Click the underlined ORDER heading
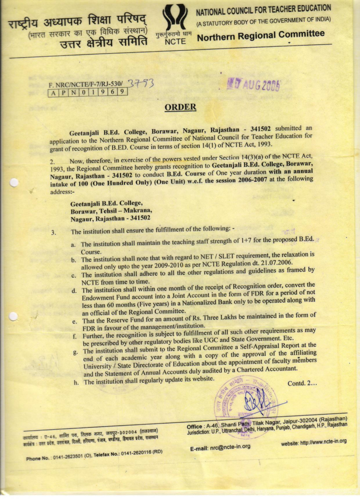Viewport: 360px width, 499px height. pyautogui.click(x=180, y=107)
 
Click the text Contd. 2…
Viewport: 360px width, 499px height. pyautogui.click(x=302, y=383)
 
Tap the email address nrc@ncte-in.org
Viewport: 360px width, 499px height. pyautogui.click(x=220, y=448)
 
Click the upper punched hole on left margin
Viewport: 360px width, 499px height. pyautogui.click(x=14, y=183)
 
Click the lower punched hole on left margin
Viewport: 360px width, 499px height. pyautogui.click(x=14, y=316)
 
